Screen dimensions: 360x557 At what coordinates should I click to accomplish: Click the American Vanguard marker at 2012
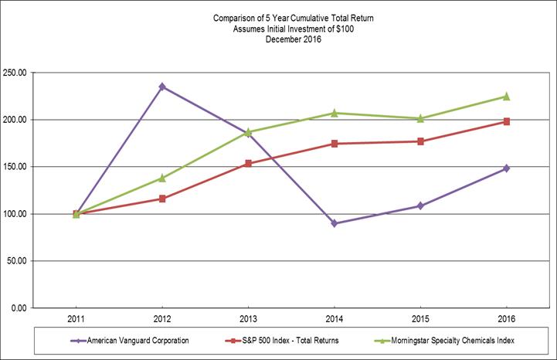click(x=162, y=87)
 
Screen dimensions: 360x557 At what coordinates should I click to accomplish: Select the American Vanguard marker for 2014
click(x=334, y=223)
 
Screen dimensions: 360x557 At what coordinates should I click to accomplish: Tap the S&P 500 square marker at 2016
click(x=506, y=121)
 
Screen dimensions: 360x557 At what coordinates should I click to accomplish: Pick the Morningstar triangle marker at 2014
click(x=334, y=113)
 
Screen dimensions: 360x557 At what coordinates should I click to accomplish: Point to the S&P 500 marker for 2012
click(x=162, y=199)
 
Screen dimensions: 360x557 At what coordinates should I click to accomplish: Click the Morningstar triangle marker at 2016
click(x=506, y=96)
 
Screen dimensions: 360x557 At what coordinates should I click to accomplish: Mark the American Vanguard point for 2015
click(x=420, y=205)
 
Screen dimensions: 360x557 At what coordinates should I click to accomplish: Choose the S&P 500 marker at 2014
click(x=334, y=144)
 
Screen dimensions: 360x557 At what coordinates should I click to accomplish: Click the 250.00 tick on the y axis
click(x=37, y=73)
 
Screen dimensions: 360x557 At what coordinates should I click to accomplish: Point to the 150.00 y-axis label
click(x=37, y=167)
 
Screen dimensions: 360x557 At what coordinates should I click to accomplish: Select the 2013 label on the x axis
click(x=248, y=318)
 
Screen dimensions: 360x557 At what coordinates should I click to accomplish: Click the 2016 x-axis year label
click(x=506, y=318)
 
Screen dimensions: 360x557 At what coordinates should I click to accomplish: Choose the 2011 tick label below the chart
click(x=76, y=318)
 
